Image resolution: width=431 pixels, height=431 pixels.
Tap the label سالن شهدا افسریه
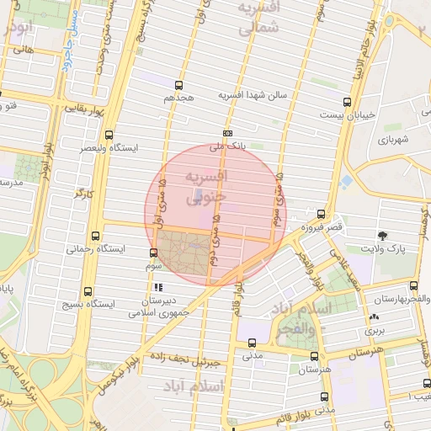(x=253, y=94)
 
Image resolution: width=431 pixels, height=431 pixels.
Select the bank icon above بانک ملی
(x=228, y=133)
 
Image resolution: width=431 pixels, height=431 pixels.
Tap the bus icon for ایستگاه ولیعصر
(x=109, y=135)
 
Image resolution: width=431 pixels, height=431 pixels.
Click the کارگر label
(x=82, y=193)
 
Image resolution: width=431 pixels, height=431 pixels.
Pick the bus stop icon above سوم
(x=153, y=253)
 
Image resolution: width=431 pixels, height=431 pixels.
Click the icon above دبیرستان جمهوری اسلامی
(x=157, y=287)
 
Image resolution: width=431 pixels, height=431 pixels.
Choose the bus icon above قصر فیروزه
(x=321, y=214)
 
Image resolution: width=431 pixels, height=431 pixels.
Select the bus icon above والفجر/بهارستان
(x=413, y=286)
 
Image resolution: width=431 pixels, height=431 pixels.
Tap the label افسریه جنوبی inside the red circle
(x=205, y=186)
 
